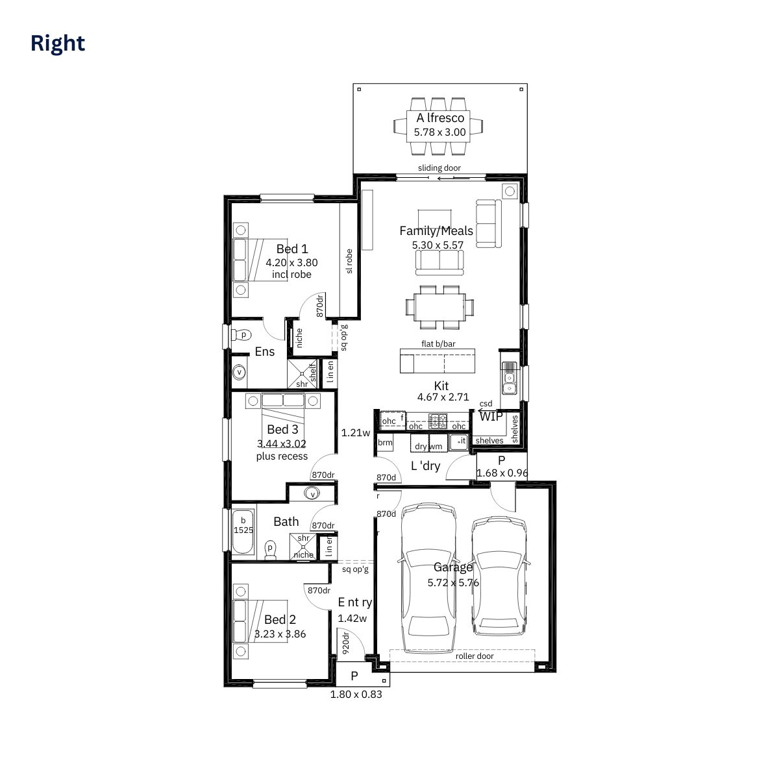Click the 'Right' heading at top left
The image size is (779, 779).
pyautogui.click(x=58, y=43)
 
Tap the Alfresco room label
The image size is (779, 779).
pyautogui.click(x=440, y=118)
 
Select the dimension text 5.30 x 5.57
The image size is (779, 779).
pyautogui.click(x=438, y=245)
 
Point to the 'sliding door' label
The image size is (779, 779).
pyautogui.click(x=439, y=167)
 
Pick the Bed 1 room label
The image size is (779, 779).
pyautogui.click(x=292, y=249)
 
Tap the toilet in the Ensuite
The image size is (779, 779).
pyautogui.click(x=241, y=335)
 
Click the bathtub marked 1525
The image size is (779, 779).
pyautogui.click(x=243, y=531)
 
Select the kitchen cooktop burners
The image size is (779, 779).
pyautogui.click(x=438, y=421)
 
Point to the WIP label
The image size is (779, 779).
pyautogui.click(x=491, y=416)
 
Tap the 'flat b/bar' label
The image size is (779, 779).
pyautogui.click(x=438, y=343)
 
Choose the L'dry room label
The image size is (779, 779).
pyautogui.click(x=425, y=465)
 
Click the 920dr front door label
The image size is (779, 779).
pyautogui.click(x=345, y=643)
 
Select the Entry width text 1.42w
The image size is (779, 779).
pyautogui.click(x=352, y=619)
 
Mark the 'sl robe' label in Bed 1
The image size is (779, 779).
pyautogui.click(x=349, y=261)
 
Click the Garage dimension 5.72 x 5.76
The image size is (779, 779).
pyautogui.click(x=453, y=582)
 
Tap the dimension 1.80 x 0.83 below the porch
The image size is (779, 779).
pyautogui.click(x=356, y=695)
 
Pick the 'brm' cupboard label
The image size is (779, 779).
pyautogui.click(x=385, y=442)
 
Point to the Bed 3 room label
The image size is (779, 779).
pyautogui.click(x=282, y=429)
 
